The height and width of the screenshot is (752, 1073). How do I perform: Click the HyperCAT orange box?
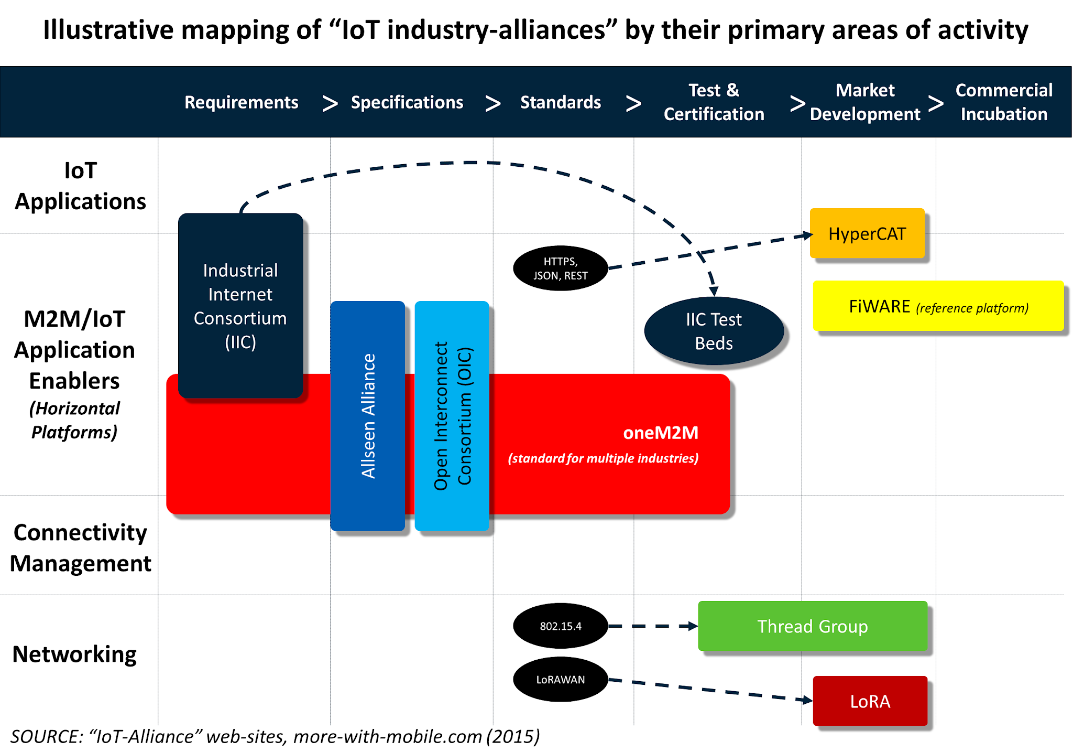click(x=867, y=233)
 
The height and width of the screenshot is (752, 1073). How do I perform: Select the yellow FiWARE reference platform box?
click(x=938, y=306)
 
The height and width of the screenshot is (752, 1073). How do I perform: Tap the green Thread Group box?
click(x=812, y=626)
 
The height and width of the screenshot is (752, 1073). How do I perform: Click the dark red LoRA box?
click(x=870, y=701)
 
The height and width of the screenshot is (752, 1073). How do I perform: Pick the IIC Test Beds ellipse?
click(x=714, y=331)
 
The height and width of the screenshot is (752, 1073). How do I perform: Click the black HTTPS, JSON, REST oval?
click(x=560, y=268)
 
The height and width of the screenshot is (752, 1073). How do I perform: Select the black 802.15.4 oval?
click(x=560, y=626)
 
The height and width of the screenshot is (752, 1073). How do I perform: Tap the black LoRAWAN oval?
click(x=560, y=679)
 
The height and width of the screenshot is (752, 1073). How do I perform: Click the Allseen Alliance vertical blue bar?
click(x=368, y=415)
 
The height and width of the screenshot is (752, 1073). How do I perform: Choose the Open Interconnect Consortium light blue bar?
click(x=452, y=415)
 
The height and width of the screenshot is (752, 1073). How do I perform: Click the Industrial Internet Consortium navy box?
click(x=240, y=306)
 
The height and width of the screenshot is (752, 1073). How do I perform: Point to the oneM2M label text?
click(x=660, y=433)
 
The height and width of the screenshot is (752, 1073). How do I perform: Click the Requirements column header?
click(x=241, y=102)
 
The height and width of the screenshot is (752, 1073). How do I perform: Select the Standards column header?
click(x=560, y=102)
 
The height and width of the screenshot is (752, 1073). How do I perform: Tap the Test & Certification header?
click(x=714, y=102)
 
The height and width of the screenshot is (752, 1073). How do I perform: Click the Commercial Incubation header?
click(x=1003, y=102)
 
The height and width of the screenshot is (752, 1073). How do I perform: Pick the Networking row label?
click(x=74, y=654)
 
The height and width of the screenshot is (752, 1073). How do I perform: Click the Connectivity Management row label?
click(x=80, y=547)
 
